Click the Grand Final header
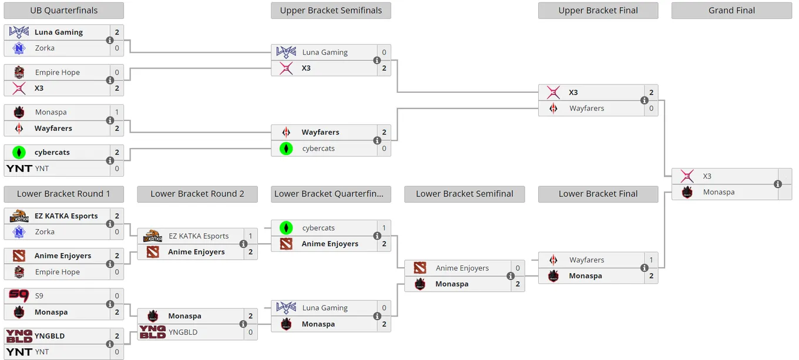coord(731,11)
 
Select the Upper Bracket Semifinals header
coord(331,11)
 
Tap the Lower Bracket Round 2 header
coord(197,194)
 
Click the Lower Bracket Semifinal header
coord(464,194)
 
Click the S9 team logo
coord(19,295)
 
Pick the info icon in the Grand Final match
coord(778,184)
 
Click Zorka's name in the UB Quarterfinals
coord(45,48)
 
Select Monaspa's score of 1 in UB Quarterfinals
coord(117,112)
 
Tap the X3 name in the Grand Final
coord(707,176)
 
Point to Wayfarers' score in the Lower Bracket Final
coord(651,260)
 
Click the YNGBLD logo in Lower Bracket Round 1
coord(19,336)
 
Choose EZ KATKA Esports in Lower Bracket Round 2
coord(199,236)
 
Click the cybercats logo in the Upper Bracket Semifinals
coord(286,148)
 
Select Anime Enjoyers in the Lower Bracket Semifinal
coord(462,268)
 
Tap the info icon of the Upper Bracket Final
coord(644,100)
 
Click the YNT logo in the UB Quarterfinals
coord(19,168)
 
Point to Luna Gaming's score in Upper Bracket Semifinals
coord(384,52)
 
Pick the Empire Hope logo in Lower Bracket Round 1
coord(19,272)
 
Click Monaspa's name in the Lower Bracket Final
coord(585,276)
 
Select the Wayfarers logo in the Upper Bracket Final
coord(553,108)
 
